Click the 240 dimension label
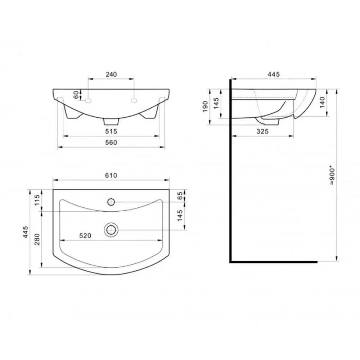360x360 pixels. (x=111, y=75)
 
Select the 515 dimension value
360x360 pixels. (x=111, y=131)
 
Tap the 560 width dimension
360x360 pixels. (x=111, y=143)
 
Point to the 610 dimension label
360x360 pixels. (x=111, y=175)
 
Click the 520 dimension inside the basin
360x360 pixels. (x=85, y=236)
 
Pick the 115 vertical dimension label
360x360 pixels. (x=37, y=200)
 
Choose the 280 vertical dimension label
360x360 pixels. (x=37, y=239)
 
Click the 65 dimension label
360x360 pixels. (x=180, y=195)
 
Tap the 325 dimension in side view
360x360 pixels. (x=262, y=131)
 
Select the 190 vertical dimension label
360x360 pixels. (x=205, y=107)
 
